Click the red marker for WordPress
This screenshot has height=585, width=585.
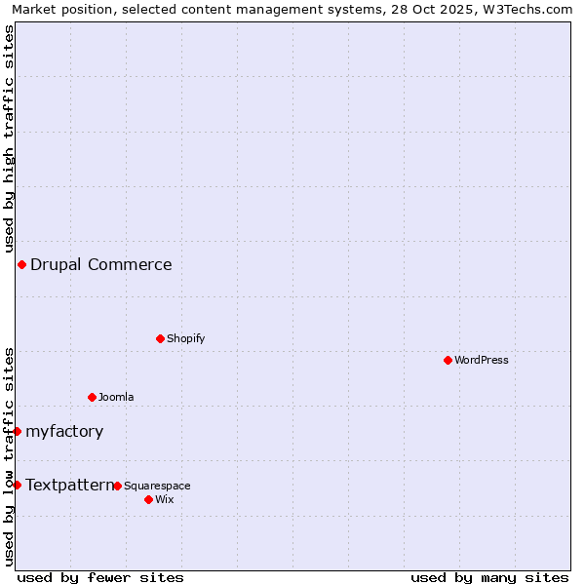click(x=448, y=360)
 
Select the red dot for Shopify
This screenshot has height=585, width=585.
click(x=160, y=338)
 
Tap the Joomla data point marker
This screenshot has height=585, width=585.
click(x=92, y=397)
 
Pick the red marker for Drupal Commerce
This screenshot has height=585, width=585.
click(x=21, y=264)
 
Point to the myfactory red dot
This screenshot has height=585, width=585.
click(x=17, y=431)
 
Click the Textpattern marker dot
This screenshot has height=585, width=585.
click(x=17, y=485)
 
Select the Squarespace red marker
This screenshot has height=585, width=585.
click(x=117, y=486)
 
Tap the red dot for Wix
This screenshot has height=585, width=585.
click(x=148, y=499)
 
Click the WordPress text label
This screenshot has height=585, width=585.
click(x=482, y=360)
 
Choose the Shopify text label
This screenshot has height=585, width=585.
click(x=185, y=338)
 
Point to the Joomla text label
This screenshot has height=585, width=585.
click(x=116, y=397)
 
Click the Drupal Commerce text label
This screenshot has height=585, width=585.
click(x=101, y=264)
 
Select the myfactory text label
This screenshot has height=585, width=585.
click(x=64, y=431)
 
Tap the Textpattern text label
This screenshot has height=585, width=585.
click(x=69, y=485)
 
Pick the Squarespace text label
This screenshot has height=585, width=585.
click(x=157, y=486)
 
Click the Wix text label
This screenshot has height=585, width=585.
click(x=165, y=499)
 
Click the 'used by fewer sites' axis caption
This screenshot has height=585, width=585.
click(x=100, y=577)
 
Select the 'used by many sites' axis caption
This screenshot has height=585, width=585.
click(x=489, y=577)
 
